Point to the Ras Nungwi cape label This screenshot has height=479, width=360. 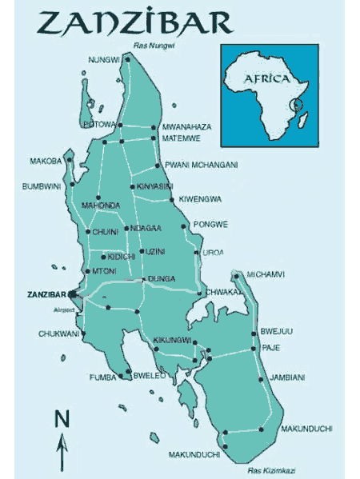[x=154, y=46]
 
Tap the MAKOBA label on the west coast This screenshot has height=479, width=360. [x=46, y=161]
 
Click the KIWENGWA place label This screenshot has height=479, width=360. [x=201, y=198]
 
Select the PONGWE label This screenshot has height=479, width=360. [x=211, y=224]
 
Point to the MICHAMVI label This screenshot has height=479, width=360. [x=266, y=274]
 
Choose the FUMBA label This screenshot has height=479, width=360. [x=102, y=377]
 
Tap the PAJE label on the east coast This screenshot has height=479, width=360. [x=270, y=347]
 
